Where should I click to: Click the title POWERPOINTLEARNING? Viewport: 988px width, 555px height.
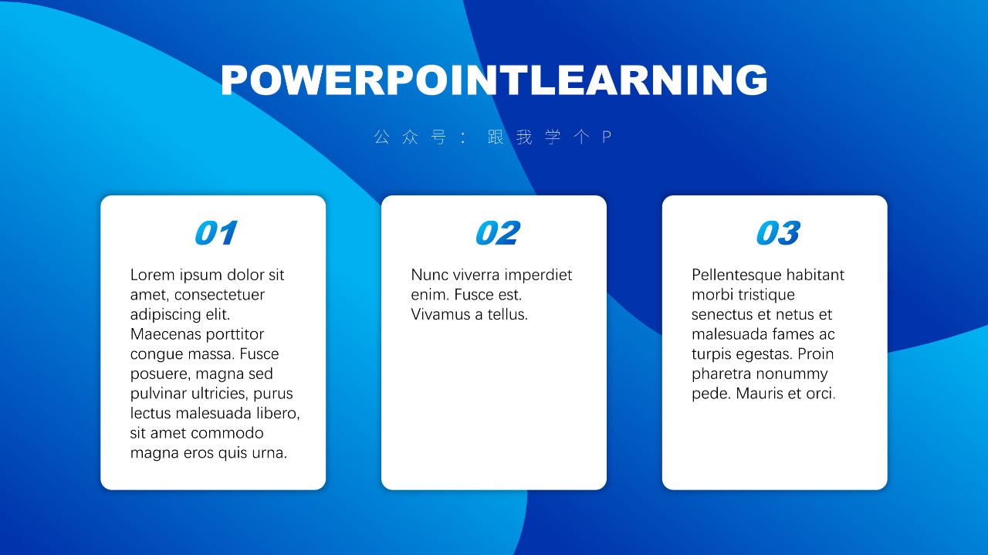(x=494, y=80)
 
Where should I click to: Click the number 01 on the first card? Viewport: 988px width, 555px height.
(x=216, y=232)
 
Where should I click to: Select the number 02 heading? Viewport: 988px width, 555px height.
(x=498, y=232)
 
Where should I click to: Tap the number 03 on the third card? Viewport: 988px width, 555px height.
(x=778, y=232)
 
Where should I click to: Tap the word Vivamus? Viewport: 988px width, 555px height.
(x=441, y=315)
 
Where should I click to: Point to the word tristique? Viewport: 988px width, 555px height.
(x=766, y=295)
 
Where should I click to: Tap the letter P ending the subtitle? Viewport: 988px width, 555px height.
(x=607, y=137)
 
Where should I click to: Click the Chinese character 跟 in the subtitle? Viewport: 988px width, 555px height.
(x=496, y=137)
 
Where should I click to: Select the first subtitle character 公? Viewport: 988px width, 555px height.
(x=382, y=137)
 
